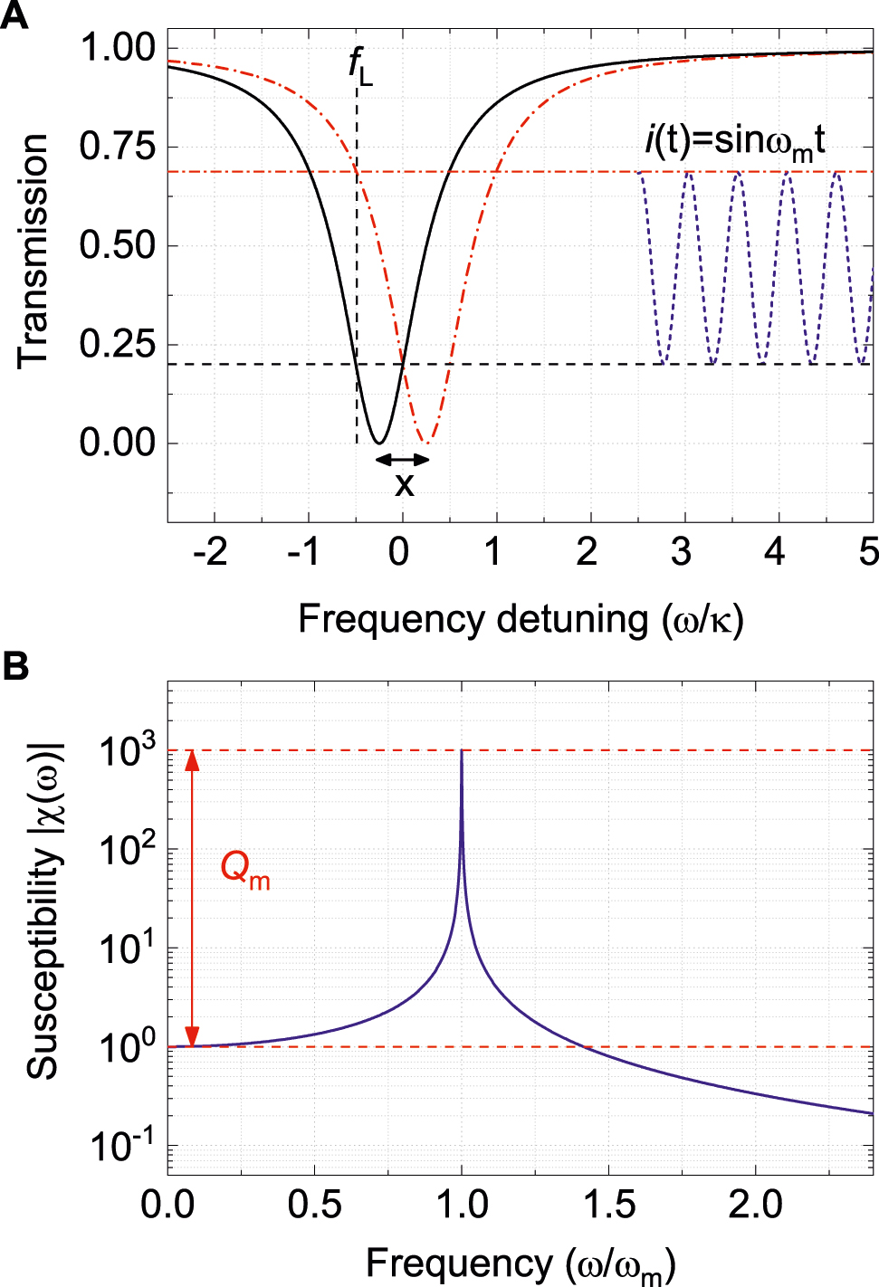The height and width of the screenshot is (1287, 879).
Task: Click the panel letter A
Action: [x=14, y=15]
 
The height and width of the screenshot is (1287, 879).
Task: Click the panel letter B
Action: [x=15, y=667]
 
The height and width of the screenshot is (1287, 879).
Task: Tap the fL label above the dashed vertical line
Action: [x=360, y=67]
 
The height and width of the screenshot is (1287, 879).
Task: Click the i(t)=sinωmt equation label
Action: [x=734, y=142]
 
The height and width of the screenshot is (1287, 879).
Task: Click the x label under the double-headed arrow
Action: [x=404, y=486]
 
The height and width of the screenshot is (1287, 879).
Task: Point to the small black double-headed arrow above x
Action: [x=403, y=459]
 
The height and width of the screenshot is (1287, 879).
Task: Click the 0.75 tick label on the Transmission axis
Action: [x=117, y=147]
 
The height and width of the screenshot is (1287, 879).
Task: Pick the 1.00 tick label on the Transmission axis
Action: [x=117, y=48]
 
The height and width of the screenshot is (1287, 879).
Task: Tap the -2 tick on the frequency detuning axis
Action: [x=210, y=550]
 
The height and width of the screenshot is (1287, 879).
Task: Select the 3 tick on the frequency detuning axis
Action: [x=681, y=550]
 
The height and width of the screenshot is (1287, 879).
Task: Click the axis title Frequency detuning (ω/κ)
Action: [x=521, y=620]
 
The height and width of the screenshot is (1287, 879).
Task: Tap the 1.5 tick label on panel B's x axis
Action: [x=608, y=1205]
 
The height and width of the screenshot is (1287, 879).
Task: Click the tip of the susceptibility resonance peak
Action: [x=462, y=751]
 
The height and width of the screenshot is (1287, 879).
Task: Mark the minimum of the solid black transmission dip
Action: [x=380, y=443]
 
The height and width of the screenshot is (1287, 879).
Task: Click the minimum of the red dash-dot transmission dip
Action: [x=427, y=443]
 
